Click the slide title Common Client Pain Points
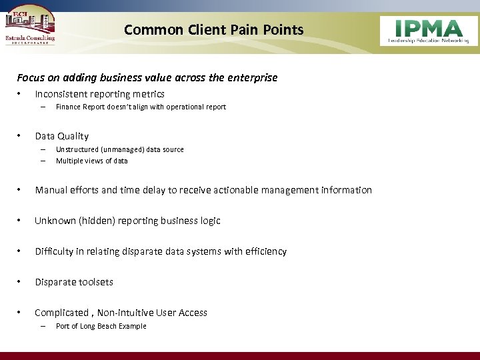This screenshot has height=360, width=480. [x=213, y=30]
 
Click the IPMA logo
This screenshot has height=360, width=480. [x=429, y=31]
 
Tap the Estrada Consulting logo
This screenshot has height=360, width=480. [x=31, y=27]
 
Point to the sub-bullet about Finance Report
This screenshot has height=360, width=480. [x=141, y=107]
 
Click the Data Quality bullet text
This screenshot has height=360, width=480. [x=61, y=136]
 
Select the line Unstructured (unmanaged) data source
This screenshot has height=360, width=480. [x=119, y=150]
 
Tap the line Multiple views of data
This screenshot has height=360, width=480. [x=91, y=161]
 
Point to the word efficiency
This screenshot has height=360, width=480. [x=266, y=251]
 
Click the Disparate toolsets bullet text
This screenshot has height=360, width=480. [x=74, y=282]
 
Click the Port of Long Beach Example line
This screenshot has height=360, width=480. [x=101, y=326]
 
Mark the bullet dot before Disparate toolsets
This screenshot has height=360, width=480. [x=21, y=282]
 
